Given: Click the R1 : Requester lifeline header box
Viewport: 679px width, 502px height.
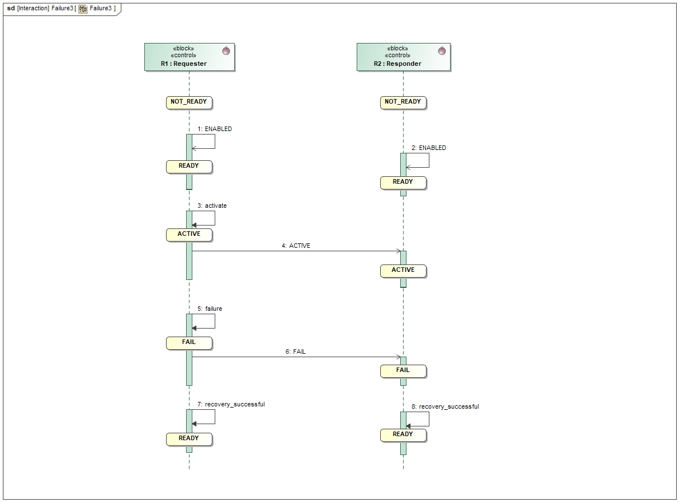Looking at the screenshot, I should click(190, 57).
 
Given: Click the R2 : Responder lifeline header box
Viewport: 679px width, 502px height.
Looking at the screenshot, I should click(403, 57).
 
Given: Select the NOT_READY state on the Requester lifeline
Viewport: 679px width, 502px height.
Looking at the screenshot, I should click(189, 102).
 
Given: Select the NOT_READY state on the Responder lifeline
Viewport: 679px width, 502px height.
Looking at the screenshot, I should click(403, 102).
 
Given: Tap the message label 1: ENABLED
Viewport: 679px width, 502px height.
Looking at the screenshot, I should click(215, 129).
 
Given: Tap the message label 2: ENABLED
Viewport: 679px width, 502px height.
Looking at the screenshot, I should click(429, 148).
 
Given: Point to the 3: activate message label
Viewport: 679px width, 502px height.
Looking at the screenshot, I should click(212, 205).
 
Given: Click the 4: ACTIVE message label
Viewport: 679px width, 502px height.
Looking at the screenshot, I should click(295, 246).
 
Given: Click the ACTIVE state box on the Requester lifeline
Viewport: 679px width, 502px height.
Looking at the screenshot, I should click(189, 234).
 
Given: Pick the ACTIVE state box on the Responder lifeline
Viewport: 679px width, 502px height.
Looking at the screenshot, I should click(403, 270).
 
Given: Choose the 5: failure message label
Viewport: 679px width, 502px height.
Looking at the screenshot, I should click(210, 309).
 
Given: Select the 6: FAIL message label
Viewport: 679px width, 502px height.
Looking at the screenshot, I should click(295, 351).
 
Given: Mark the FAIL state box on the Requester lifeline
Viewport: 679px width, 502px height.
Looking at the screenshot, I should click(189, 342).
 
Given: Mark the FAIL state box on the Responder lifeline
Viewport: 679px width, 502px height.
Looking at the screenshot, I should click(403, 370).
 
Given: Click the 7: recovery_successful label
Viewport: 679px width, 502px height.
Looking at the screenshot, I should click(231, 404).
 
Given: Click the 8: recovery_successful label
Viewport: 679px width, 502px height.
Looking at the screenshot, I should click(445, 406).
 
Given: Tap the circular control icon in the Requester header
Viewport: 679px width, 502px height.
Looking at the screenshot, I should click(226, 51).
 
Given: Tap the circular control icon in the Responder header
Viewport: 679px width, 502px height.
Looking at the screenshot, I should click(441, 51).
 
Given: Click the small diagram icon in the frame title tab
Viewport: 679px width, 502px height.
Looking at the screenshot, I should click(83, 9).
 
